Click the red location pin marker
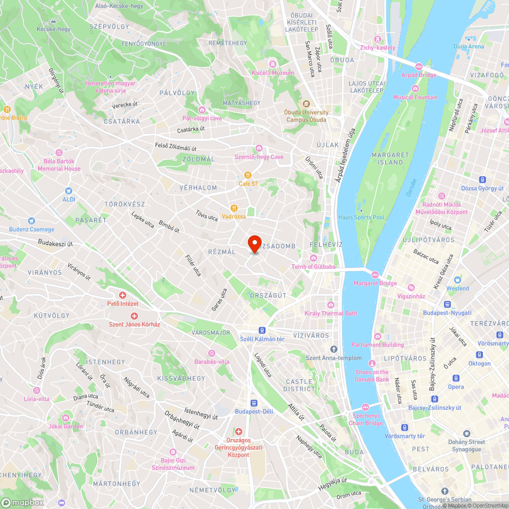coord(254,243)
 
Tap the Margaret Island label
coord(390,158)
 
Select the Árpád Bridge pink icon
coord(419,67)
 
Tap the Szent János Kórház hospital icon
coord(134,316)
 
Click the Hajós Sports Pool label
coord(361,217)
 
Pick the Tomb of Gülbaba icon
coord(313,258)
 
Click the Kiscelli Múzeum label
coord(273,73)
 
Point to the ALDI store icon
coord(69,190)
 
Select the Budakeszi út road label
coord(55,244)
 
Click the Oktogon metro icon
coord(479,355)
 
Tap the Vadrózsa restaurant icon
coord(234,208)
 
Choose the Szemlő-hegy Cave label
coord(259,157)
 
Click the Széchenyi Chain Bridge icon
coord(366,407)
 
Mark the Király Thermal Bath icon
coord(331,305)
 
